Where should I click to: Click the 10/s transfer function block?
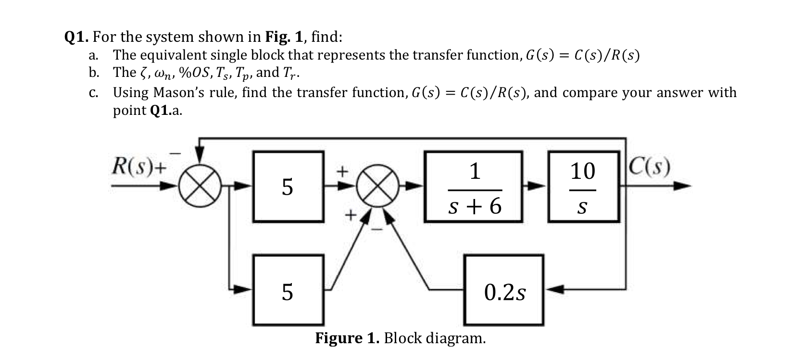click(583, 186)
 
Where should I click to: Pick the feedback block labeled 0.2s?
click(504, 290)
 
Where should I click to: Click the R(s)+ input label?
click(139, 166)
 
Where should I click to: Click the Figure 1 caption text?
click(400, 338)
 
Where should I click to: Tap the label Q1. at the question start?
click(77, 37)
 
